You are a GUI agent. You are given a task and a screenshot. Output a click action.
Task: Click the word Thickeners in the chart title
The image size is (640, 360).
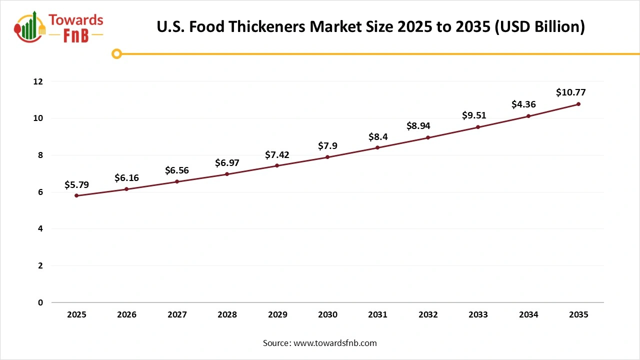pyautogui.click(x=267, y=26)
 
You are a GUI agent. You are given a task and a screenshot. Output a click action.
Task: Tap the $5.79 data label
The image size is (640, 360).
pyautogui.click(x=76, y=185)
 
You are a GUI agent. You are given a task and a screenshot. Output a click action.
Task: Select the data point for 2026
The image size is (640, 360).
pyautogui.click(x=126, y=189)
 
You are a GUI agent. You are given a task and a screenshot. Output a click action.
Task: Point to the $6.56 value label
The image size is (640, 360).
pyautogui.click(x=177, y=170)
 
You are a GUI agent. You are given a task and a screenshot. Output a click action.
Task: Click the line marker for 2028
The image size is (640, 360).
pyautogui.click(x=227, y=174)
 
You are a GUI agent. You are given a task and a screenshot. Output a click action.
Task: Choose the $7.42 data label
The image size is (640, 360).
pyautogui.click(x=277, y=154)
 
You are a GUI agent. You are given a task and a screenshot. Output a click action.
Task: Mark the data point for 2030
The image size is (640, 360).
pyautogui.click(x=327, y=157)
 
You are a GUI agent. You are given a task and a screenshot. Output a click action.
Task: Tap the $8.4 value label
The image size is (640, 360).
pyautogui.click(x=377, y=136)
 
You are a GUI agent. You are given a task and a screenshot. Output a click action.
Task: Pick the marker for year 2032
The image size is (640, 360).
pyautogui.click(x=428, y=137)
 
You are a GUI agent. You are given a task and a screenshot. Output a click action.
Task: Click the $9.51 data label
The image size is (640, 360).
pyautogui.click(x=473, y=115)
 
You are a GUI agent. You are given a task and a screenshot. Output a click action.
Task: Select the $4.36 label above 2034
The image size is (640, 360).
pyautogui.click(x=523, y=104)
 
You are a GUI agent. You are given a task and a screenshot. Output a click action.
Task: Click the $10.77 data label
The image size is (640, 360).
pyautogui.click(x=570, y=92)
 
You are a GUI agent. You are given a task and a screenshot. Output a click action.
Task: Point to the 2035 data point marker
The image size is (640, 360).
pyautogui.click(x=578, y=104)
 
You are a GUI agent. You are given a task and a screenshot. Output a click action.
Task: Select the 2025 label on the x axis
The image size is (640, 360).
pyautogui.click(x=76, y=315)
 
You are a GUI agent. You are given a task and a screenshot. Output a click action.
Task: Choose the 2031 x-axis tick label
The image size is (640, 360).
pyautogui.click(x=377, y=315)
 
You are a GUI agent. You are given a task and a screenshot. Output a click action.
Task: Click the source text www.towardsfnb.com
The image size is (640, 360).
pyautogui.click(x=334, y=343)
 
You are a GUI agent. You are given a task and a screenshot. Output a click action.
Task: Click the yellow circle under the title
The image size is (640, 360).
pyautogui.click(x=116, y=53)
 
